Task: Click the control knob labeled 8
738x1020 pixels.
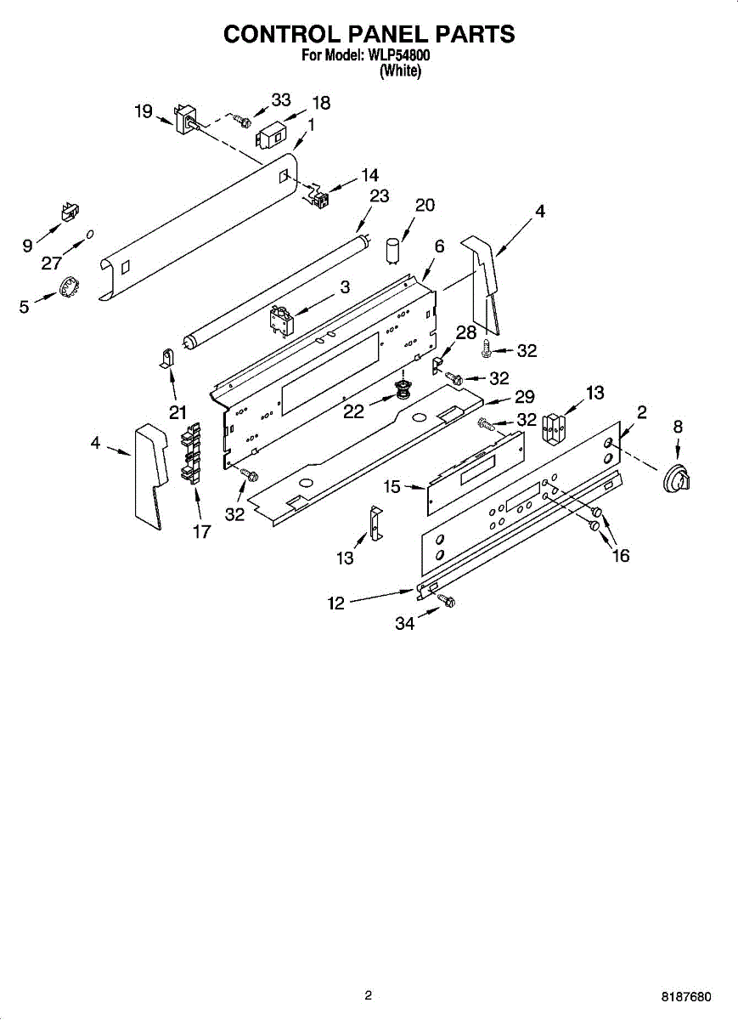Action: [676, 481]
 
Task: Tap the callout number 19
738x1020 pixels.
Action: [144, 111]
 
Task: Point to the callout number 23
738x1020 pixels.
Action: [379, 196]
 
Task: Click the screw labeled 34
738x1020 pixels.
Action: [446, 602]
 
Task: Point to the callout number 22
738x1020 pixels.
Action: [354, 411]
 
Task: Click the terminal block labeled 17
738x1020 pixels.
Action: [191, 454]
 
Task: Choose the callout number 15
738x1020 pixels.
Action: [392, 487]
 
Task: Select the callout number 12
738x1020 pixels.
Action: [337, 603]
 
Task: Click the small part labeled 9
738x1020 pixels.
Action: [68, 212]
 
